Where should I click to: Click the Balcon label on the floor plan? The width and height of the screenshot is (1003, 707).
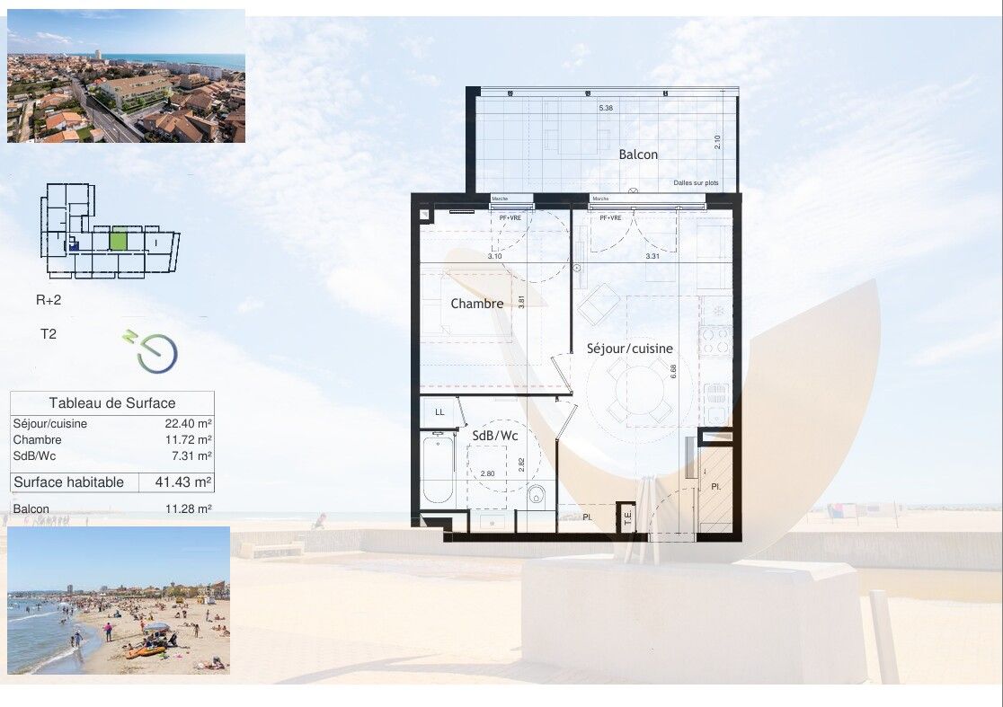click(x=638, y=155)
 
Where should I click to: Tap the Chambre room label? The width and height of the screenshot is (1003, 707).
click(x=476, y=304)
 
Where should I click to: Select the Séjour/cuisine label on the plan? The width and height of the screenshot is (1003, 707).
click(x=629, y=349)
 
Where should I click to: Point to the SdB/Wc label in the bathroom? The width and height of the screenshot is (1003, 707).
click(x=493, y=436)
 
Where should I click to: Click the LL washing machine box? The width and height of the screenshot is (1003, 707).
click(x=439, y=412)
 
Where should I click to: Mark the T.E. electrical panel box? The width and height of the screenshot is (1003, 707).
click(x=627, y=517)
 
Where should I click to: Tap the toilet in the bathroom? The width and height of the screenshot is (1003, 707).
click(x=537, y=493)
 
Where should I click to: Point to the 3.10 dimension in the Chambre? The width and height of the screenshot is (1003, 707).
click(x=494, y=257)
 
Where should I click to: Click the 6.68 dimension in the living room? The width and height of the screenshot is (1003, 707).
click(x=672, y=368)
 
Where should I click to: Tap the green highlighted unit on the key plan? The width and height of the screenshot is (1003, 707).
click(x=119, y=240)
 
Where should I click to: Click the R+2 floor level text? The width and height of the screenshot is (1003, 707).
click(x=49, y=301)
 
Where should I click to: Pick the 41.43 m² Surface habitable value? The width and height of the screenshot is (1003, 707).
click(x=177, y=482)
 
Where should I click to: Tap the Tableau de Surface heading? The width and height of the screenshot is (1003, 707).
click(x=112, y=403)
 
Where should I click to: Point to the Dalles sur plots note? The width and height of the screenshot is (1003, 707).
click(x=697, y=183)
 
